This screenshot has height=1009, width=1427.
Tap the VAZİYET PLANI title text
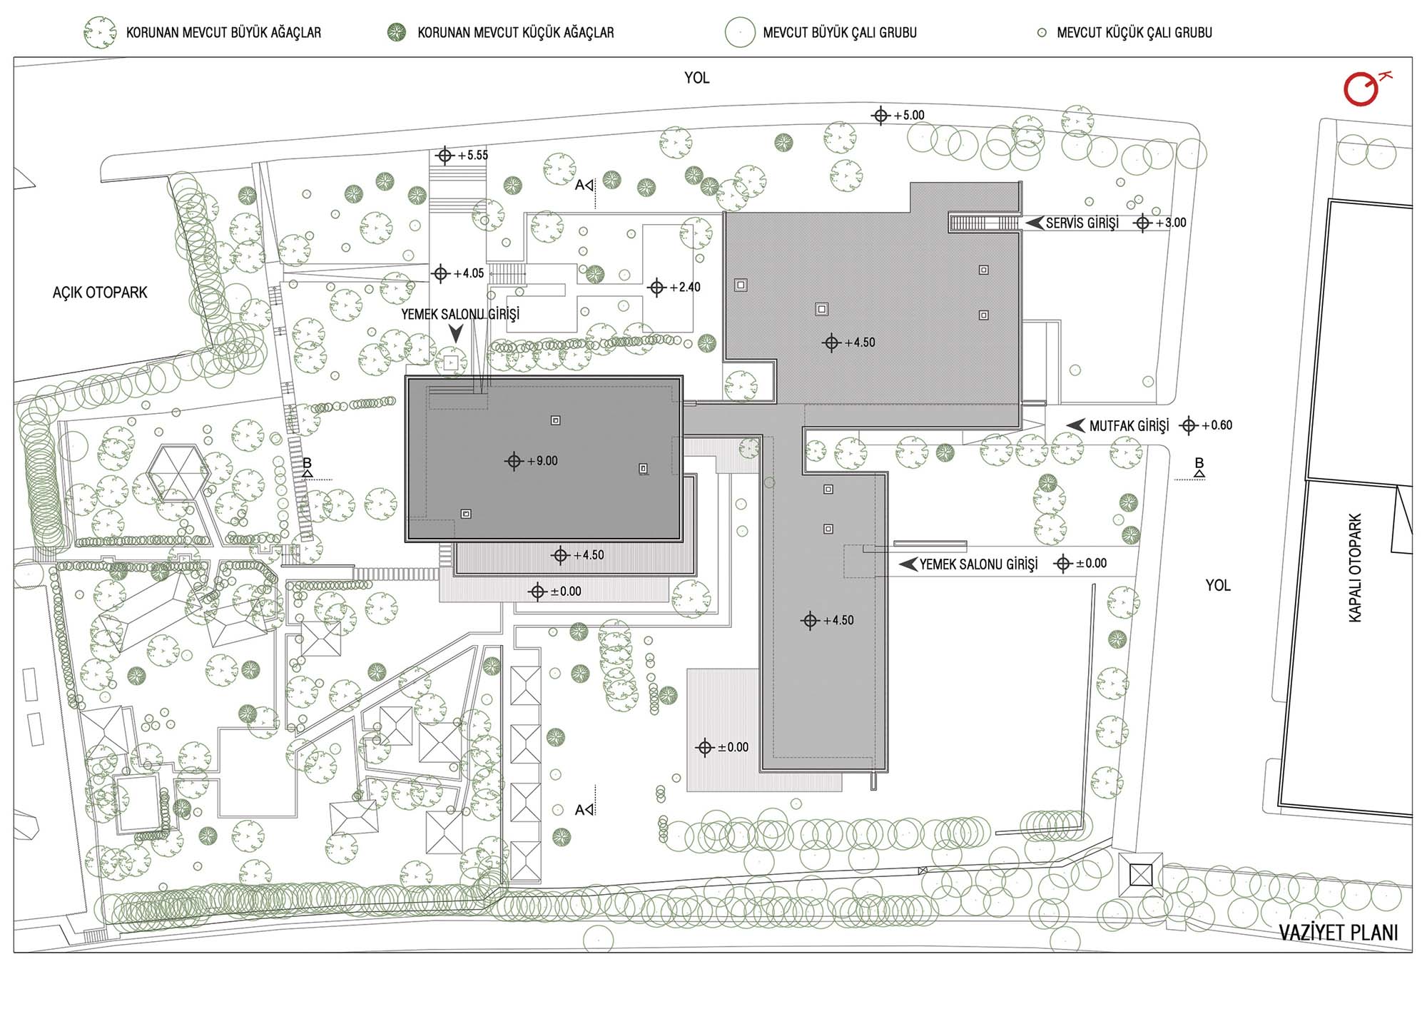[x=1339, y=933]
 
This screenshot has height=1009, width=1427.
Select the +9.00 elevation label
[x=542, y=461]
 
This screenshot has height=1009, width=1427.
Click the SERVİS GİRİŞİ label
[x=1082, y=223]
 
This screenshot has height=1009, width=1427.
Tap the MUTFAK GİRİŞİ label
[x=1129, y=426]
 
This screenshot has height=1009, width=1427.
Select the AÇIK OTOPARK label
[x=100, y=293]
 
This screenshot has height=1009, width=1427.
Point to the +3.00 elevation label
[x=1171, y=223]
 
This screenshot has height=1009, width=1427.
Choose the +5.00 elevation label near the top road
[x=909, y=115]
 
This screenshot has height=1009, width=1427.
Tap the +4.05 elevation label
[x=469, y=273]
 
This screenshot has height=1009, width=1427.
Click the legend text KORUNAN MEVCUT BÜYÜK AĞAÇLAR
[x=224, y=33]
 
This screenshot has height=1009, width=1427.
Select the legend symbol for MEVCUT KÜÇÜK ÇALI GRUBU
[x=1042, y=33]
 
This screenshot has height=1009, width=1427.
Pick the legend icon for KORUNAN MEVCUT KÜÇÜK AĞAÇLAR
[x=397, y=32]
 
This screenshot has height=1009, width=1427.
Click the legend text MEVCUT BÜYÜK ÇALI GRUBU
[x=840, y=33]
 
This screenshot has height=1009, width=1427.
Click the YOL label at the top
[x=697, y=78]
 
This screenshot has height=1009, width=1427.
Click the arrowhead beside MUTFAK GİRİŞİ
[x=1075, y=425]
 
